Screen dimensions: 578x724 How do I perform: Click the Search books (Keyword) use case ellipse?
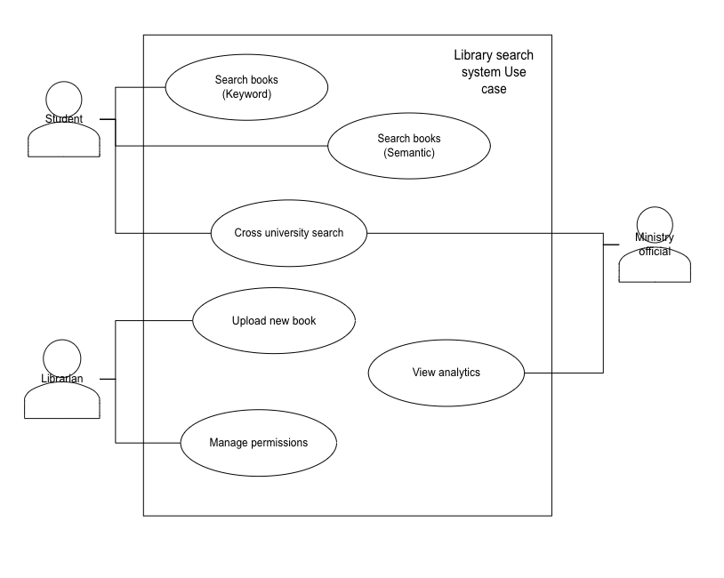click(246, 86)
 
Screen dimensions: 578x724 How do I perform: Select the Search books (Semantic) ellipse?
click(408, 145)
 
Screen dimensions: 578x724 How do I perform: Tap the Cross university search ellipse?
click(288, 233)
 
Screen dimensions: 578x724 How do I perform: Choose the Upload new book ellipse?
click(273, 320)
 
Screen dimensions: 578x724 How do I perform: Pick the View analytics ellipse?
click(446, 373)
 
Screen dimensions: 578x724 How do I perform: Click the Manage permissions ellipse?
click(258, 442)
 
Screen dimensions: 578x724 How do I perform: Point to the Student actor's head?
click(63, 98)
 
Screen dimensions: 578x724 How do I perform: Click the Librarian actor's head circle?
click(61, 357)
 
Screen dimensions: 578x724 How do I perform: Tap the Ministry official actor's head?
click(655, 222)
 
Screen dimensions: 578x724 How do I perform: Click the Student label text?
click(64, 119)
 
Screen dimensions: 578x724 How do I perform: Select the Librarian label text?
click(62, 379)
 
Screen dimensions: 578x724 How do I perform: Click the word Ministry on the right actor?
click(655, 237)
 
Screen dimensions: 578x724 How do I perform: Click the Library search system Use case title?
click(494, 72)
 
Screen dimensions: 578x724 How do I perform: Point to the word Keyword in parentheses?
click(246, 93)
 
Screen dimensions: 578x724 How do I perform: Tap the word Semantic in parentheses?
click(409, 152)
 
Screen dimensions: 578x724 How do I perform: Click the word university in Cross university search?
click(288, 233)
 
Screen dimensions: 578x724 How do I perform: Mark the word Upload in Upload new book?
click(247, 320)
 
